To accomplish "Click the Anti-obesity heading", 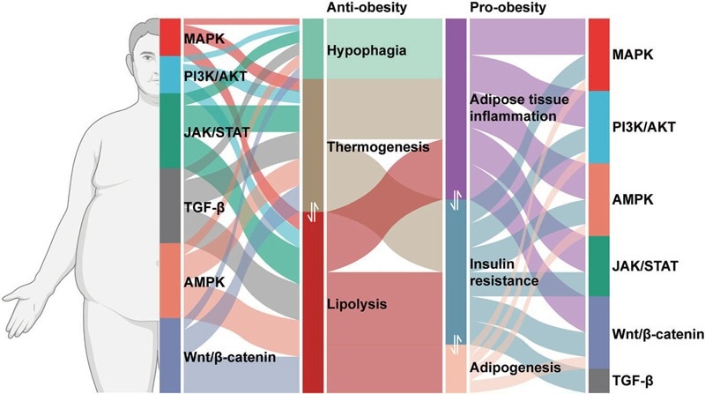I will click(x=361, y=7).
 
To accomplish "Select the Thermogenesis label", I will click(x=377, y=148).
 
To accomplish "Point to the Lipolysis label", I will click(x=353, y=304).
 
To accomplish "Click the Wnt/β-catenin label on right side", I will click(x=657, y=334).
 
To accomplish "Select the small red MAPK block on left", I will click(x=169, y=37).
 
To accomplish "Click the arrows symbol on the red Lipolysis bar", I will click(x=312, y=213).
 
